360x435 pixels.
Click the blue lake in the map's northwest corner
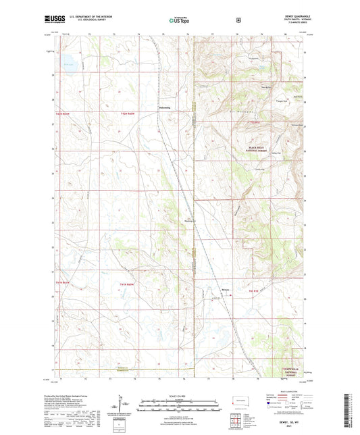pos(70,66)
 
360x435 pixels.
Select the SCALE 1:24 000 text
pos(179,396)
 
